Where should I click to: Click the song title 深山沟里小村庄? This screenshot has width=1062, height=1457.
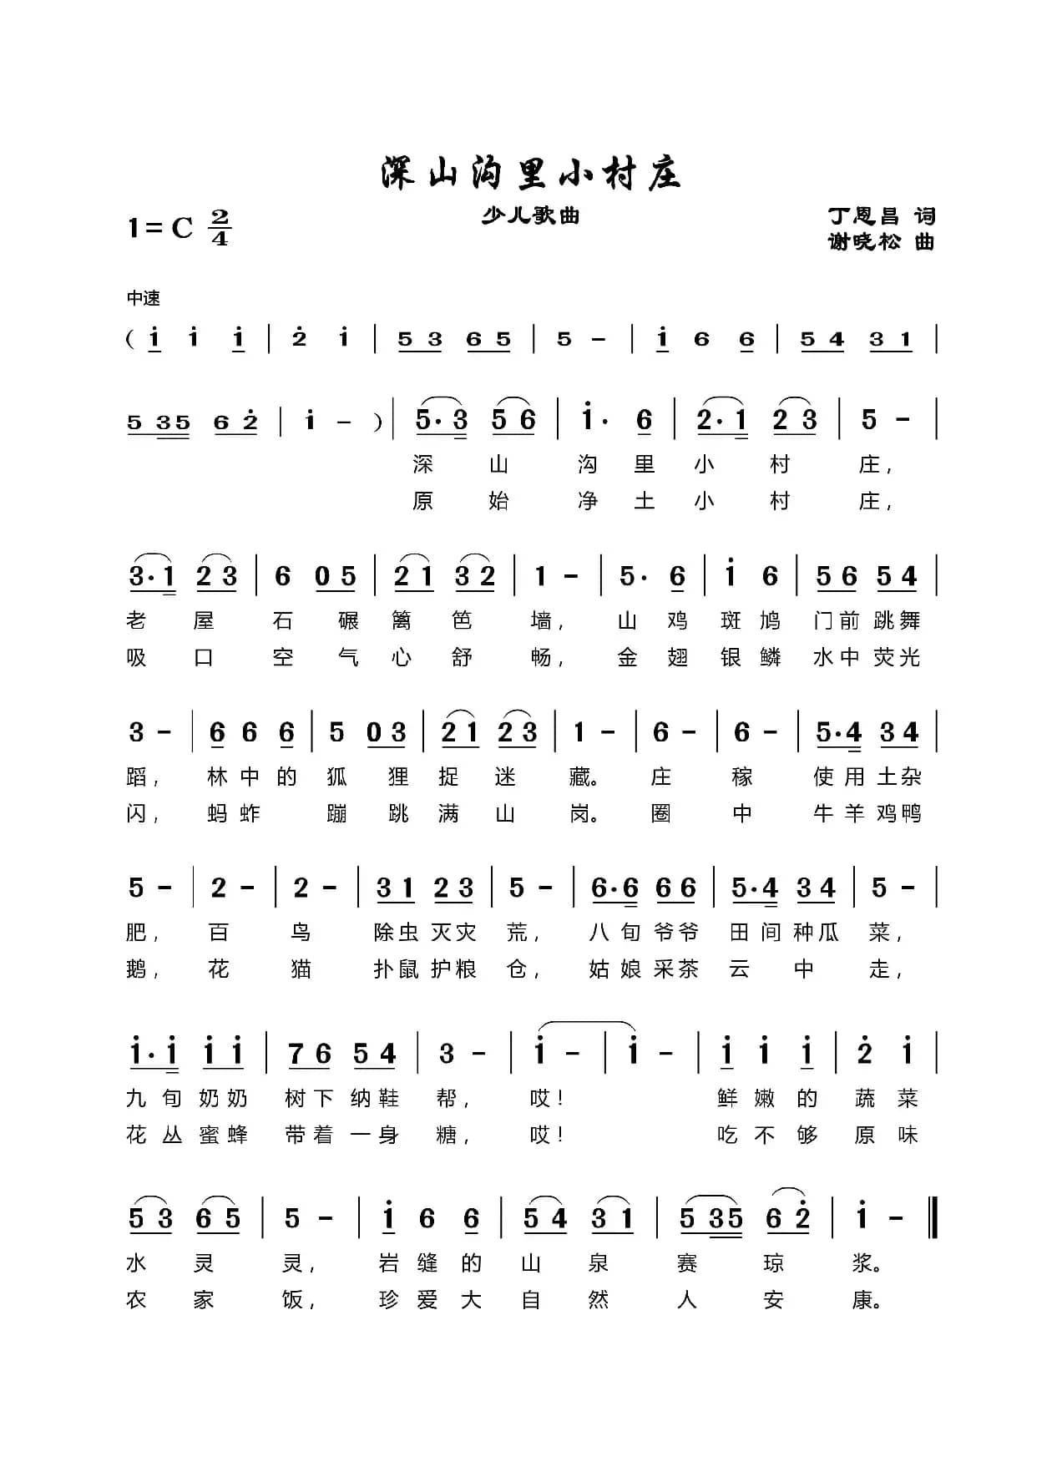[530, 174]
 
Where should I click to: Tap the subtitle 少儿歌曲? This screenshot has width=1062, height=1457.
[530, 216]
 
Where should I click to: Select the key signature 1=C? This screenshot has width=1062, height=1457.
[159, 227]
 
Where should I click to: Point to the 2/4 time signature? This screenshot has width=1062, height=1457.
[220, 227]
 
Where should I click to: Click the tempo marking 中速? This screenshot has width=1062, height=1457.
[143, 298]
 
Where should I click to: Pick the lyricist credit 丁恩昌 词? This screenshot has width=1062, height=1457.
[881, 216]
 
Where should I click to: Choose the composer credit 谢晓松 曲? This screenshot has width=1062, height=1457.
[881, 242]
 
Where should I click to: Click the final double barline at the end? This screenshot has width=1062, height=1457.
[933, 1217]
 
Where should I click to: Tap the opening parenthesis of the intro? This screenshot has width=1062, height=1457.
[131, 339]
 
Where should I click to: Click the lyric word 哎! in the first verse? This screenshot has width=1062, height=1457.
[547, 1098]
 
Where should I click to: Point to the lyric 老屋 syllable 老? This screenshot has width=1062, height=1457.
[136, 620]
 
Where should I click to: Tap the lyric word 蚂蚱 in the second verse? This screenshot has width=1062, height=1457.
[234, 813]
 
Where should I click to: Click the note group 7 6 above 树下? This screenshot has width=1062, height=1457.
[310, 1055]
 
